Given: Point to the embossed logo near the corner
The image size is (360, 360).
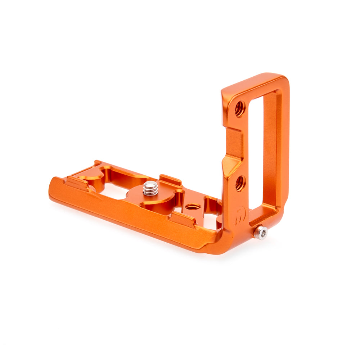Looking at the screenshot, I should click(239, 216).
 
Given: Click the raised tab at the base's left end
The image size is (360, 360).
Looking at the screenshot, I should click(76, 181).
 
